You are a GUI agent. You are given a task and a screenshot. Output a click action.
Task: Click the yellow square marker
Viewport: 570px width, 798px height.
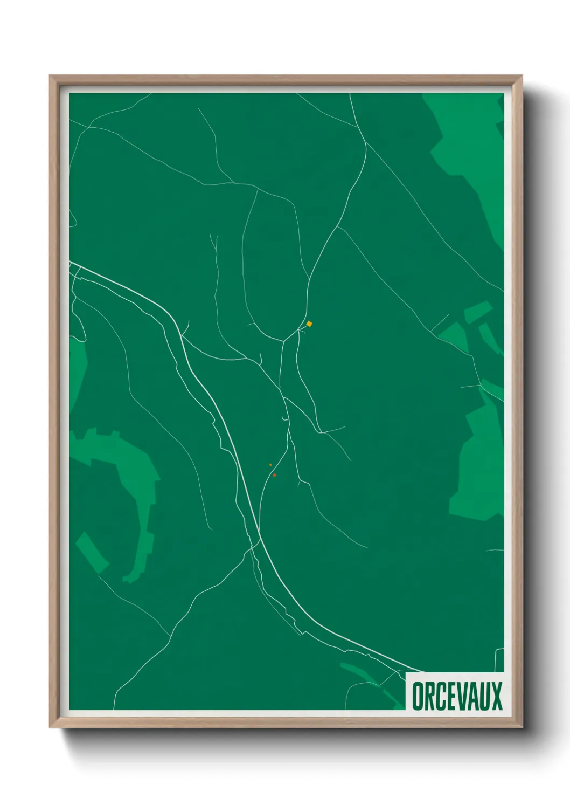(309, 324)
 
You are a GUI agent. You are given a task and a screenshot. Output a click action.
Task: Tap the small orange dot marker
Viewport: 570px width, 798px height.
(270, 464)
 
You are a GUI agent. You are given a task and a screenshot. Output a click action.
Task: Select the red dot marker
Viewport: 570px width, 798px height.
(274, 475)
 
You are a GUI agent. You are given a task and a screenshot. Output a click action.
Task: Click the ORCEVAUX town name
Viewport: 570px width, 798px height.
(457, 696)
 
